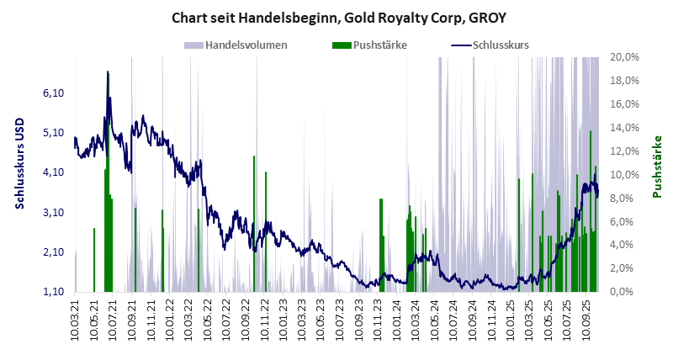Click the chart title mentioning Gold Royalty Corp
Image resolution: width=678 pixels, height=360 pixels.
[338, 17]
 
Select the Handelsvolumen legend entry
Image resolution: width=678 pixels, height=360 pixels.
[236, 45]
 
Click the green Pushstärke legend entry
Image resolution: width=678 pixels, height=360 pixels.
[370, 45]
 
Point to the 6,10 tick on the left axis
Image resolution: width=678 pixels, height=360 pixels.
[53, 93]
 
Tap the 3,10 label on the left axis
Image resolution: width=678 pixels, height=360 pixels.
[53, 213]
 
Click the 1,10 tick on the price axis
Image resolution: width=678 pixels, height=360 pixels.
[53, 292]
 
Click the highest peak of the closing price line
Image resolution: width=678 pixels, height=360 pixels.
[108, 72]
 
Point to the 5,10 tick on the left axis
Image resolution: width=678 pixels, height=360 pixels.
[53, 132]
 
